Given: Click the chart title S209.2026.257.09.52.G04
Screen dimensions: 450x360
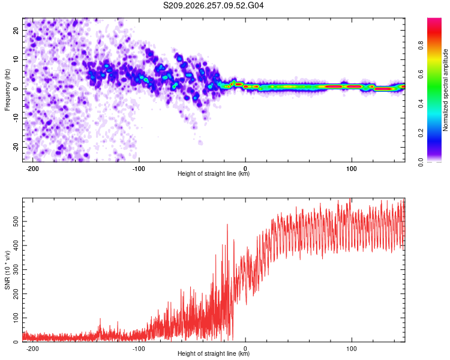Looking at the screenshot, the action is [x=213, y=5].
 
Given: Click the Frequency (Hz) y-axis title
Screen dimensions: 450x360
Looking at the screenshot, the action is [x=7, y=90].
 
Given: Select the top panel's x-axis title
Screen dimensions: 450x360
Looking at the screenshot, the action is [x=214, y=173].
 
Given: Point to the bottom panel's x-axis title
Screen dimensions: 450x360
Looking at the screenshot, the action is [x=214, y=353].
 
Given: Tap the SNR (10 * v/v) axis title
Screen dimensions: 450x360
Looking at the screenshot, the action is [x=7, y=270].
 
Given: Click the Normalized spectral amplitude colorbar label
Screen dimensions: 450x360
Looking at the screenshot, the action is [x=445, y=90].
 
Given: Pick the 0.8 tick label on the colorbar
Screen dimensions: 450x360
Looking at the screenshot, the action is [x=421, y=46].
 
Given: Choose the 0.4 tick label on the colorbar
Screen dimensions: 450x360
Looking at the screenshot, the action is [x=421, y=104].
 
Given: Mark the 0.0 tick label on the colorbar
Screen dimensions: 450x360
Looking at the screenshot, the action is [x=421, y=163].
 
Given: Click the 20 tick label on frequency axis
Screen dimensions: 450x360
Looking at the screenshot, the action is [x=16, y=30].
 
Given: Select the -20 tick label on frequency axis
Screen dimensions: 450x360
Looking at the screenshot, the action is [x=16, y=147].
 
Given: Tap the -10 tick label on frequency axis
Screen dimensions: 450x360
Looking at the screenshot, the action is [x=16, y=118].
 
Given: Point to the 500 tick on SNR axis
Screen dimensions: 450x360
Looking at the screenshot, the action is [x=16, y=221].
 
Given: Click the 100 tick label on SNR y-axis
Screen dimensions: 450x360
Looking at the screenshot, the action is [x=16, y=318].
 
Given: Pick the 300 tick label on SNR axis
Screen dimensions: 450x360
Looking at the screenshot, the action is [x=16, y=269].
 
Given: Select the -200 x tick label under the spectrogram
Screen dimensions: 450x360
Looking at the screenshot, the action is [x=32, y=169].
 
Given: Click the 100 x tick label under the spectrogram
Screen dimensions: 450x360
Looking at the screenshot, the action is [x=352, y=169].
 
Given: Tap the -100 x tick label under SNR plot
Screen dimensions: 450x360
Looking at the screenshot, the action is [x=139, y=349].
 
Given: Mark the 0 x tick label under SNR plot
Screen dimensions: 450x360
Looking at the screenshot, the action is [x=245, y=349].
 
